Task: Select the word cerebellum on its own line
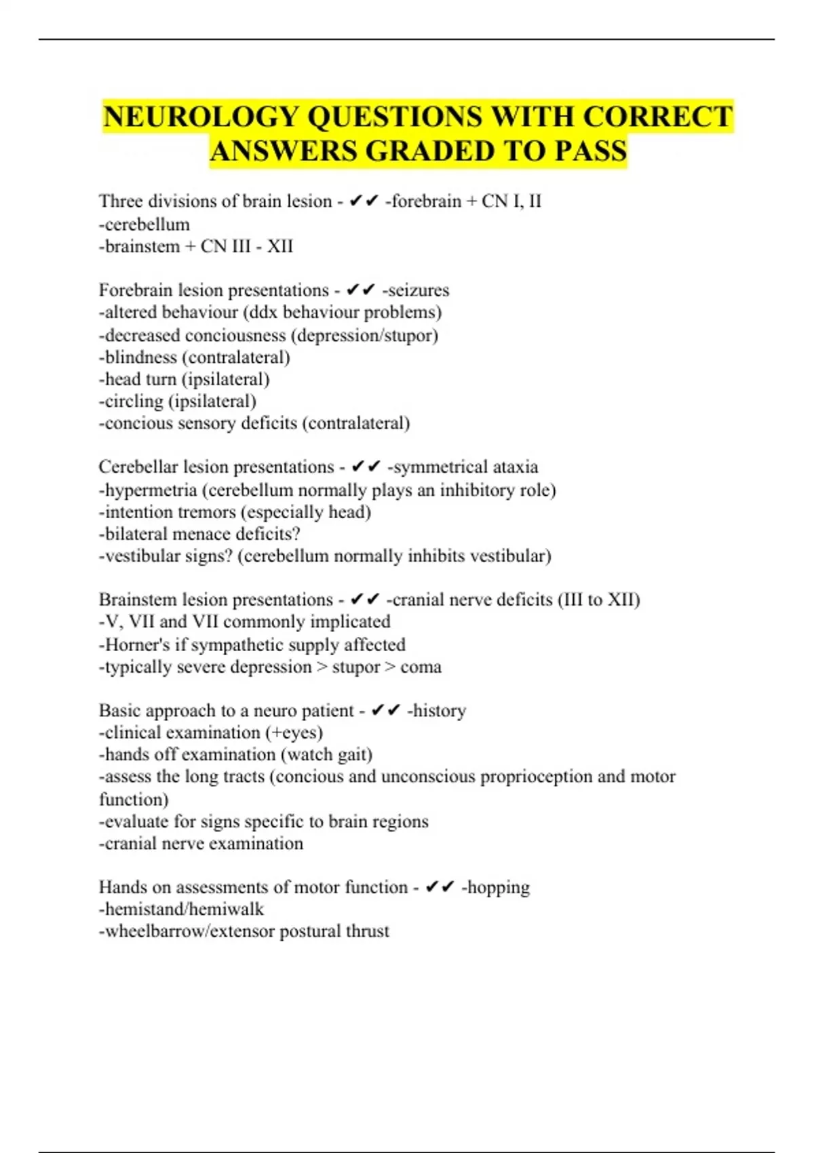tap(147, 224)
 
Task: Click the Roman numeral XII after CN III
tap(280, 246)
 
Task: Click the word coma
tap(421, 667)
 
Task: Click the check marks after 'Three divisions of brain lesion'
tap(364, 201)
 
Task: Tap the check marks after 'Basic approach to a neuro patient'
tap(386, 710)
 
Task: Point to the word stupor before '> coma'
tap(356, 667)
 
